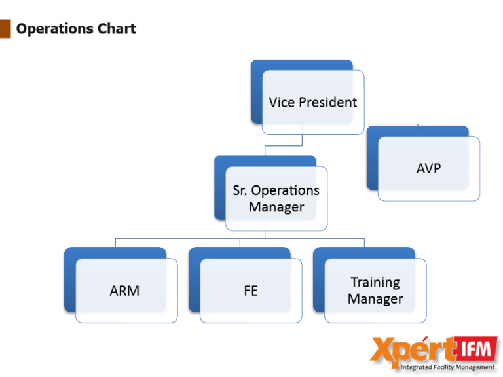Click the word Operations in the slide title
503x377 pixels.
click(57, 29)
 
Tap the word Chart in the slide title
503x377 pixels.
click(117, 29)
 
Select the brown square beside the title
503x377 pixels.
click(5, 29)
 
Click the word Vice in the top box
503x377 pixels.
click(282, 102)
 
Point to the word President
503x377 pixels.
click(327, 102)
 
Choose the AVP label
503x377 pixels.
click(429, 168)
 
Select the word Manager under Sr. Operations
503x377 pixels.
click(276, 207)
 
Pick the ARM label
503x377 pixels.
click(124, 291)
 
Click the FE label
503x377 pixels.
click(251, 291)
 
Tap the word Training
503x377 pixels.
click(375, 282)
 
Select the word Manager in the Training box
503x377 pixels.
click(375, 299)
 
